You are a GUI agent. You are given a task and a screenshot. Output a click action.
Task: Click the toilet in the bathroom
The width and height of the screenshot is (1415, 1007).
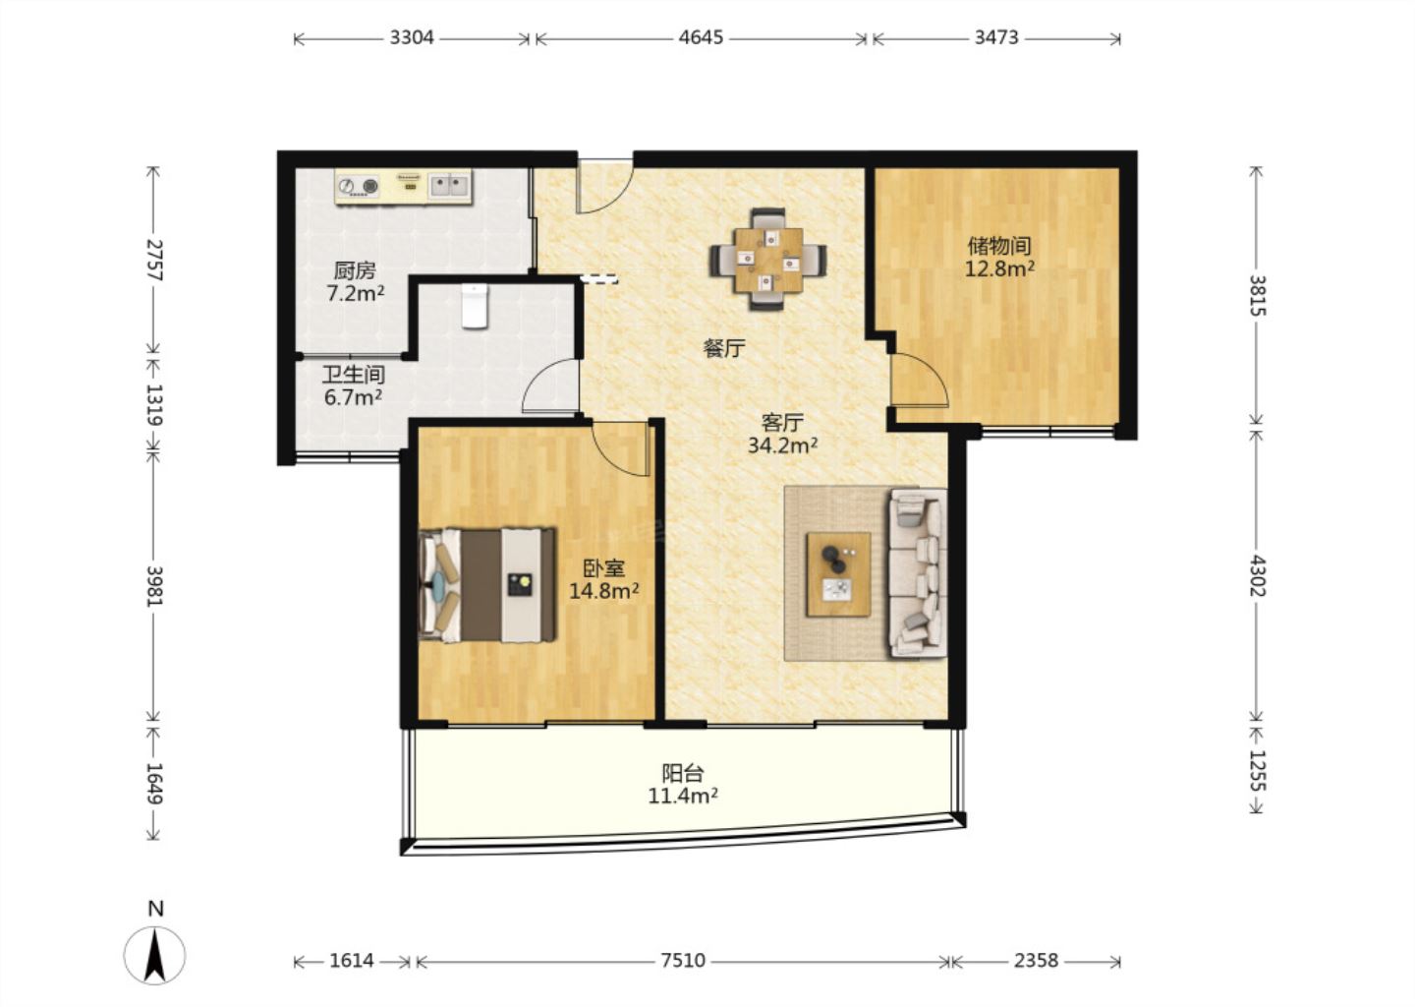[x=475, y=306]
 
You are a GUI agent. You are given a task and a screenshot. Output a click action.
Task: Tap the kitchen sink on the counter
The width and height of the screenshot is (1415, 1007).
[x=448, y=185]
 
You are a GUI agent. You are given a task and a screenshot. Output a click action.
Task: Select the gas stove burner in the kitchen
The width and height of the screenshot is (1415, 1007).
[x=358, y=186]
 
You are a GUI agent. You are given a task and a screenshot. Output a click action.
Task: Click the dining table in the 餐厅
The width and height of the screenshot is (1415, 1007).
[x=768, y=260]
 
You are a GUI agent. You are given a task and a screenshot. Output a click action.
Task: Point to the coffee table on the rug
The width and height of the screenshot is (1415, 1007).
[x=838, y=574]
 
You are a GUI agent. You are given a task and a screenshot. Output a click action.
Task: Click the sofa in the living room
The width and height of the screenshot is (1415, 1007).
[x=918, y=572]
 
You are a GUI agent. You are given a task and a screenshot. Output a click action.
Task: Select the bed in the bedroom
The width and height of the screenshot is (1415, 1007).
[x=487, y=585]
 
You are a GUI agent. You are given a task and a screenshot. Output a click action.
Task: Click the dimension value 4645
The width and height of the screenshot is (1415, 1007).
[x=701, y=38]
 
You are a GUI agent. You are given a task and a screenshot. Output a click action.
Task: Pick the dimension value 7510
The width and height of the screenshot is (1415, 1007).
[x=683, y=960]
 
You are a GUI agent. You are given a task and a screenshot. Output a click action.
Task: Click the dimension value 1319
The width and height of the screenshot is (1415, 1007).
[x=153, y=404]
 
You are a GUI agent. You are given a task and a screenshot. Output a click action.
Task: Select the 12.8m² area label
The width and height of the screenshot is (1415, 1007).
[x=999, y=268]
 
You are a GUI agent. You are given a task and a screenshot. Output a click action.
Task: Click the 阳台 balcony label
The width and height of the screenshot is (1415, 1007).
[x=683, y=773]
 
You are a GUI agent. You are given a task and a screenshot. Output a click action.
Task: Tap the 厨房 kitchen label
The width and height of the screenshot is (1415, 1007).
[x=355, y=270]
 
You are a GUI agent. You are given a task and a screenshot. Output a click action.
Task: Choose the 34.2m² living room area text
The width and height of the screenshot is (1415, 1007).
[x=782, y=445]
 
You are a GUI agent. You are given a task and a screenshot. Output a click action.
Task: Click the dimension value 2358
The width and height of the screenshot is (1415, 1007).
[x=1036, y=960]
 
